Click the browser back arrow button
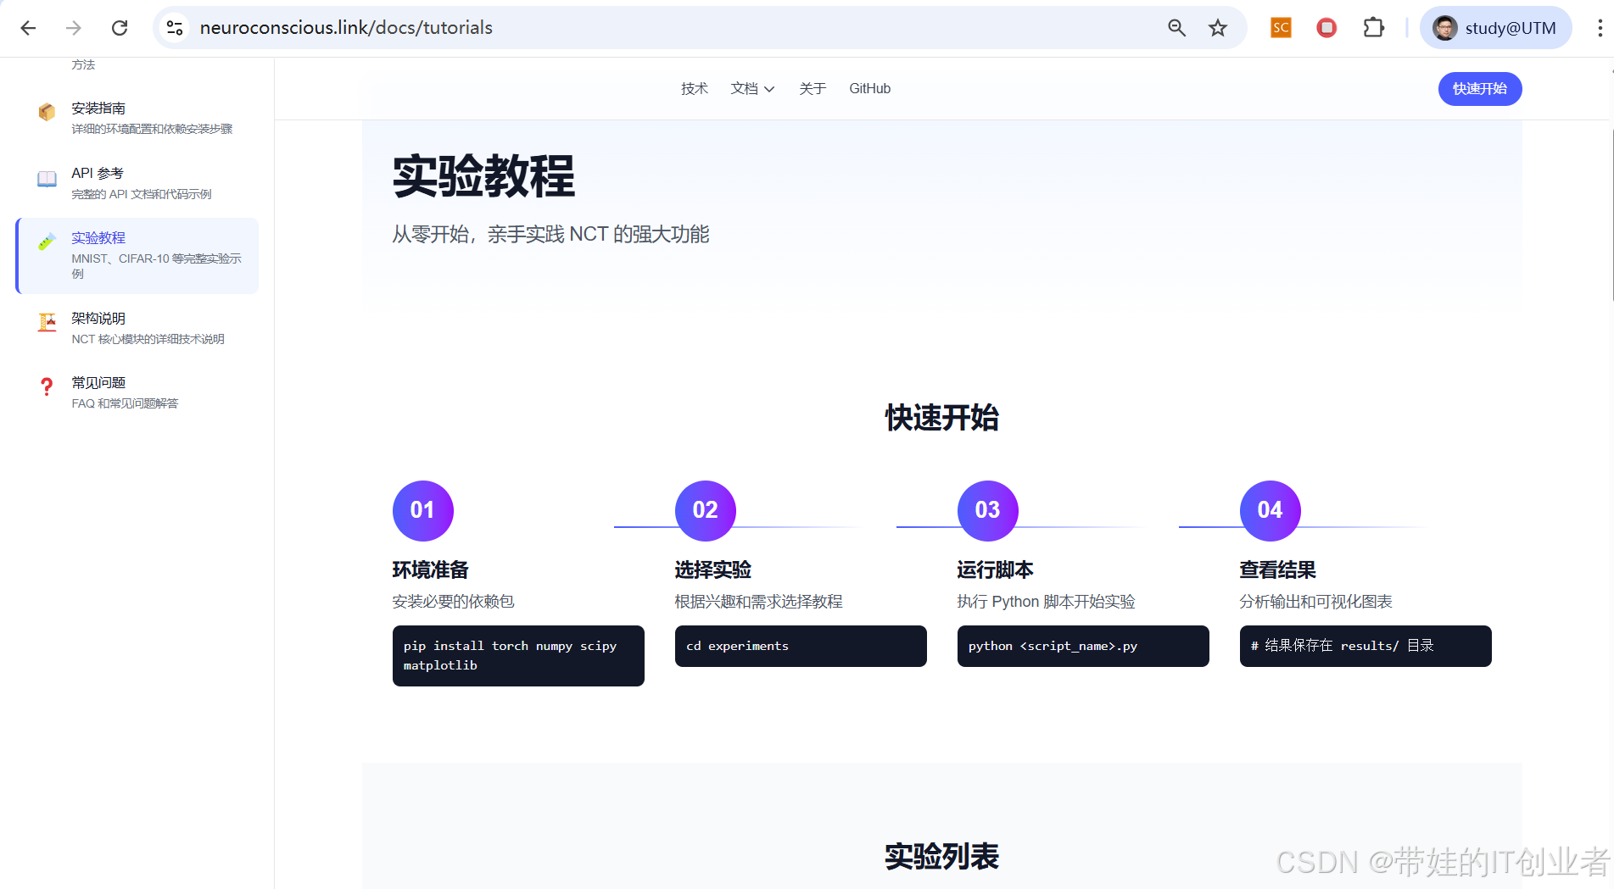28,28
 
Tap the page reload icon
120,28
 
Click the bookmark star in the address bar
1218,28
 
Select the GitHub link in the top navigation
869,89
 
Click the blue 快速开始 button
1479,89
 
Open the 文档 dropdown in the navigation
752,89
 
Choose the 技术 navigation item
694,89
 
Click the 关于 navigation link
812,89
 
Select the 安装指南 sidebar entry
98,108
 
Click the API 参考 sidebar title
98,174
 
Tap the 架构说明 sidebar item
98,319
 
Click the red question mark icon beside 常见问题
47,387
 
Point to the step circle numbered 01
422,510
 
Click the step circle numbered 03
987,510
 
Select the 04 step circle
1270,510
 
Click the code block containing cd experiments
800,646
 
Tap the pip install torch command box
517,655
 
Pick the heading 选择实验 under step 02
713,570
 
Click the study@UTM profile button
1495,28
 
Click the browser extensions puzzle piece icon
1373,28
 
